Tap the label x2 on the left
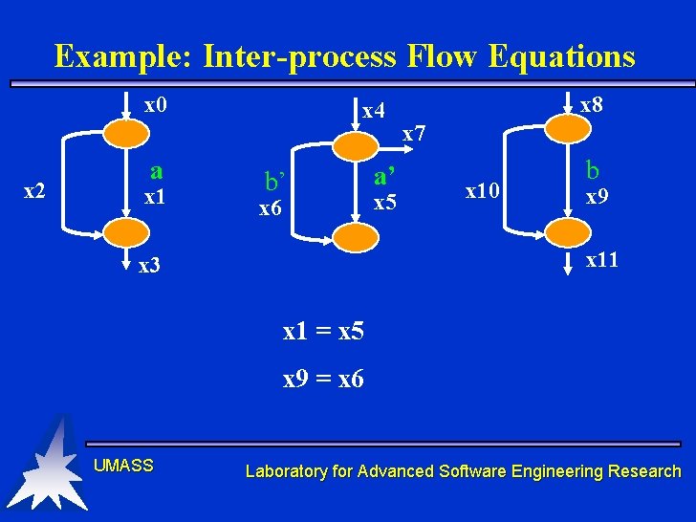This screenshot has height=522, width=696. pyautogui.click(x=34, y=191)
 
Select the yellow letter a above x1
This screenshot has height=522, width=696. pyautogui.click(x=156, y=170)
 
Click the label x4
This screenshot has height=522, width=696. pyautogui.click(x=374, y=111)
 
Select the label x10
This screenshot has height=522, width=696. pyautogui.click(x=483, y=191)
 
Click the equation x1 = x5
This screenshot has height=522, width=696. pyautogui.click(x=323, y=332)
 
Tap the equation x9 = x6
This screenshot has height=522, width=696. pyautogui.click(x=323, y=380)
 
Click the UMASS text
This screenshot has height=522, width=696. pyautogui.click(x=123, y=466)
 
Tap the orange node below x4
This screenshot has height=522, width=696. pyautogui.click(x=354, y=144)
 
